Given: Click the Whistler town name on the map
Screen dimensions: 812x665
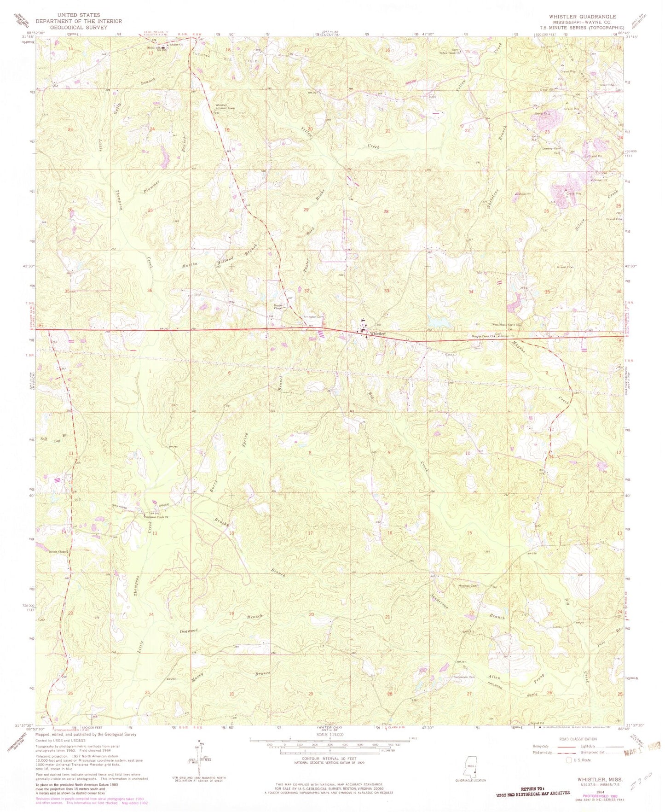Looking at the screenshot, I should pos(377,333).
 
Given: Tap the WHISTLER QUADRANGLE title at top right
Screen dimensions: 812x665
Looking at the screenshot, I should pos(582,16).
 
